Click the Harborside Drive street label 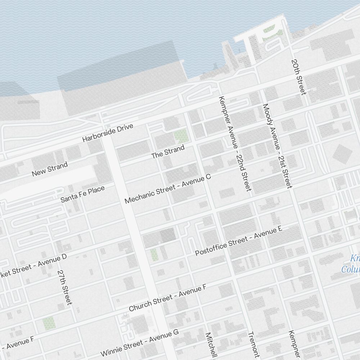(x=108, y=133)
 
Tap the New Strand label (x=50, y=170)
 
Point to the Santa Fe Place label (x=82, y=194)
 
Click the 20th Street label (x=299, y=77)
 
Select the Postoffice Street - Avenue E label (x=238, y=241)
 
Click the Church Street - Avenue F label (x=167, y=298)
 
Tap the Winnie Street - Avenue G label (x=140, y=342)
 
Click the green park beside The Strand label (x=181, y=136)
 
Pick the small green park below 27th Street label (x=49, y=323)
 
